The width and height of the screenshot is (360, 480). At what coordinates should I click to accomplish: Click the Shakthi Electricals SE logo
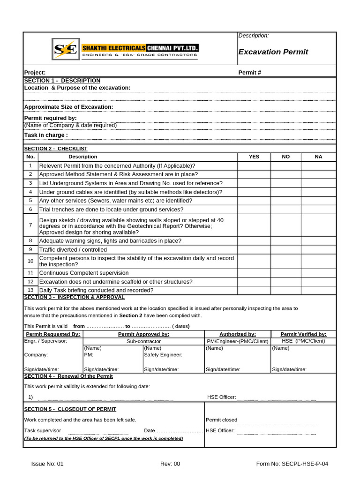(x=65, y=49)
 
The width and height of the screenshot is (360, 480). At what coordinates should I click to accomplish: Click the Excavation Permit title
(x=273, y=52)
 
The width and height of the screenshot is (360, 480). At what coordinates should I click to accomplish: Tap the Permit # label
(x=250, y=73)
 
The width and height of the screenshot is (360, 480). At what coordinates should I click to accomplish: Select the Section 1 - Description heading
(x=62, y=81)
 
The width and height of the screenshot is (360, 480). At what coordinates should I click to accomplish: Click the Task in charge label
(x=46, y=135)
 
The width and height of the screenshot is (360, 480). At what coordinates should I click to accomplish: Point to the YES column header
(x=254, y=157)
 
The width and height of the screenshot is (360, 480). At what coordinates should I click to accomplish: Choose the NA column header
(x=318, y=157)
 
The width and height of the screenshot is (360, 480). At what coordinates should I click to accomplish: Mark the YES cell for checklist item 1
(x=254, y=165)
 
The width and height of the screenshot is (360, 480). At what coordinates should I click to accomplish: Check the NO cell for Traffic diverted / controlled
(x=285, y=250)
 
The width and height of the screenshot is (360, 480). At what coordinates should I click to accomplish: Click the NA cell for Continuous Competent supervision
(x=318, y=273)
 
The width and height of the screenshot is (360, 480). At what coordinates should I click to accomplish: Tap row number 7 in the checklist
(x=30, y=225)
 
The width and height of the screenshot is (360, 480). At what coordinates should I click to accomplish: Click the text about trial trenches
(x=111, y=210)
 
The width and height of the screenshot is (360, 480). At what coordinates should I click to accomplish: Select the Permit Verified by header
(x=303, y=334)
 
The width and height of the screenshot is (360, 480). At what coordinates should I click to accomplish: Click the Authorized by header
(x=238, y=334)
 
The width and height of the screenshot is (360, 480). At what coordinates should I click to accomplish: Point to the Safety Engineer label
(x=163, y=355)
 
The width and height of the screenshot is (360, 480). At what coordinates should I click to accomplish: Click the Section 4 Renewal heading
(x=68, y=376)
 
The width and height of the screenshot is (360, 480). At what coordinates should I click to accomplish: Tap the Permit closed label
(x=222, y=420)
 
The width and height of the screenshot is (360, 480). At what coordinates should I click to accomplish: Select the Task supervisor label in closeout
(x=43, y=430)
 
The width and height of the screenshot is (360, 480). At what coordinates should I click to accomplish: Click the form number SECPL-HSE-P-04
(x=292, y=464)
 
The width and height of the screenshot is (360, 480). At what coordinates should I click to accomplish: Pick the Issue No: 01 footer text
(x=47, y=464)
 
